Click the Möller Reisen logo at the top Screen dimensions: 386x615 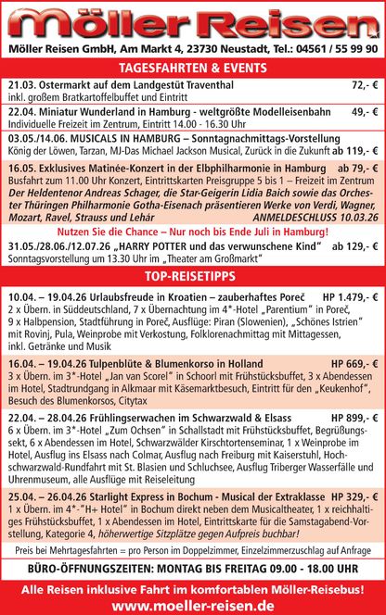coord(193,19)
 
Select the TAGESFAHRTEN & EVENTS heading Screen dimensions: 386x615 coord(193,68)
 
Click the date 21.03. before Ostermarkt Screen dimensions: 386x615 coord(20,84)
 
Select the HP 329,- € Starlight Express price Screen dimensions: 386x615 coord(354,496)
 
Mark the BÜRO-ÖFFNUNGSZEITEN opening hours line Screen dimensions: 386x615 coord(193,568)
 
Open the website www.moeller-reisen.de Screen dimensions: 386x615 coord(193,604)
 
